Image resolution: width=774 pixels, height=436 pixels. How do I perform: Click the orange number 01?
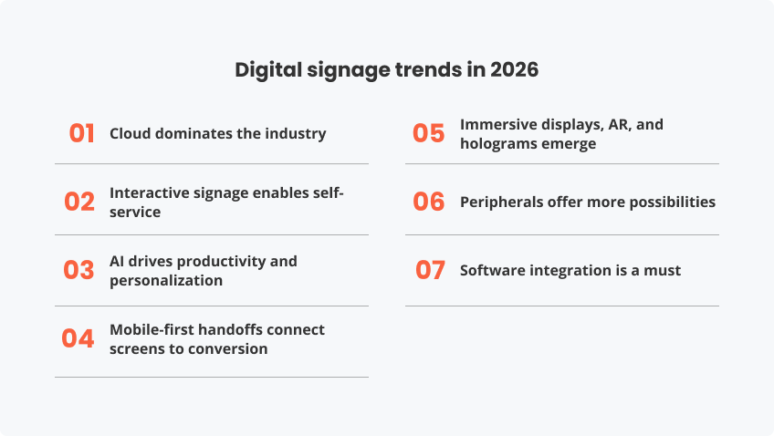coord(82,133)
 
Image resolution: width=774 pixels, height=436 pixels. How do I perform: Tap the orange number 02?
coord(79,202)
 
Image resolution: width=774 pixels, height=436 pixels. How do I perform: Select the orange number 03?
coord(79,270)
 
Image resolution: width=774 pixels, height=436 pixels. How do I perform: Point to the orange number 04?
coord(78,338)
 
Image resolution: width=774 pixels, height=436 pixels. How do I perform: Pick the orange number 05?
coord(428,133)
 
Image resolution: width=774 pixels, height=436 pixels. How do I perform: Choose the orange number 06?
coord(428,202)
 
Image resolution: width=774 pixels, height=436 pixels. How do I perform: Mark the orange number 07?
coord(430,270)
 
